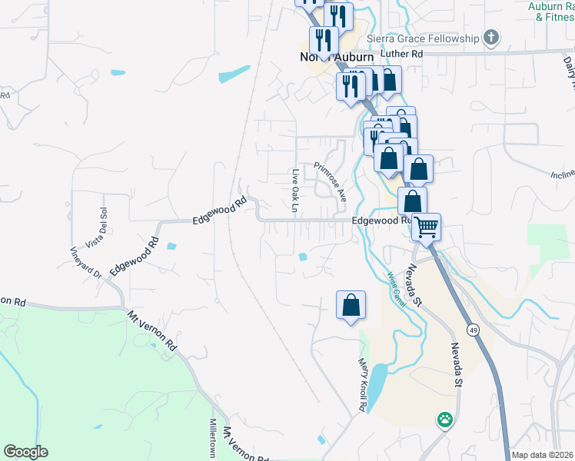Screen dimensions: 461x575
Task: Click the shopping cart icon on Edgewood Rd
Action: point(426,226)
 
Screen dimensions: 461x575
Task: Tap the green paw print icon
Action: point(444,420)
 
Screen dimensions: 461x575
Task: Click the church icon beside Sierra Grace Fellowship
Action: point(490,38)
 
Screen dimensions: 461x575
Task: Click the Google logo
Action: point(25,452)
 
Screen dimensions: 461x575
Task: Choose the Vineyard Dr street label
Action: point(86,262)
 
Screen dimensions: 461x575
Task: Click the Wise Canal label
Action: point(396,285)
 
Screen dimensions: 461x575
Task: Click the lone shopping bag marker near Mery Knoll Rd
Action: point(351,305)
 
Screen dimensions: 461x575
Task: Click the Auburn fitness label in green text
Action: point(550,11)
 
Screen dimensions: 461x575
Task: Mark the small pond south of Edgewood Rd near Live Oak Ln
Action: point(304,257)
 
